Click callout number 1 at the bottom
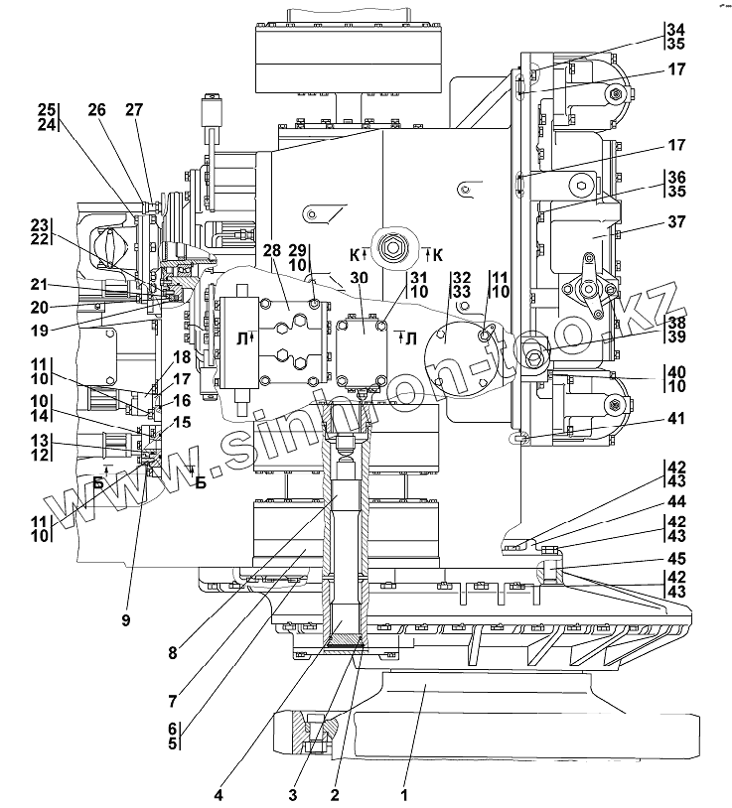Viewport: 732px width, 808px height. [x=404, y=793]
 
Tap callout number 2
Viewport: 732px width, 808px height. [x=336, y=793]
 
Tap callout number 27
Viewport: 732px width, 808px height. [x=135, y=111]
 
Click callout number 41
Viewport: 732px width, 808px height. [x=676, y=419]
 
